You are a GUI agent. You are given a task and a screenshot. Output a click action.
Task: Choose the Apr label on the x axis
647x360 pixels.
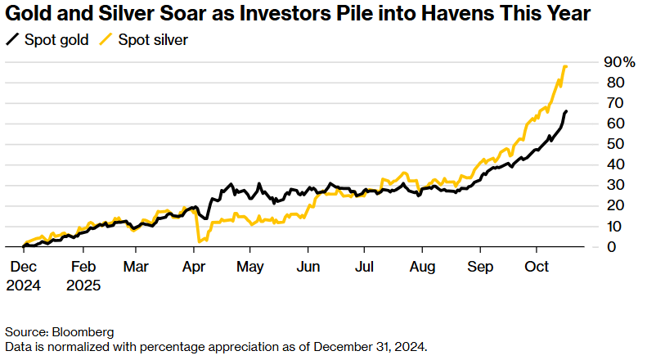[x=193, y=267]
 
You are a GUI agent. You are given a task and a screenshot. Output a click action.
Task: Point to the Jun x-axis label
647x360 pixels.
[x=308, y=267]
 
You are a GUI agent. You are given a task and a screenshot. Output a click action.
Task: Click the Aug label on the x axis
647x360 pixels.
[x=422, y=267]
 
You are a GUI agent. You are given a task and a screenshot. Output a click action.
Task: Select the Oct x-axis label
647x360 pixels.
[x=536, y=267]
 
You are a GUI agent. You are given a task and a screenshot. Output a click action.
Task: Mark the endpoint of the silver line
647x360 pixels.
[x=566, y=66]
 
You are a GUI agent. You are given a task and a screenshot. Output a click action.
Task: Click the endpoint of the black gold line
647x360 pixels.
[x=567, y=111]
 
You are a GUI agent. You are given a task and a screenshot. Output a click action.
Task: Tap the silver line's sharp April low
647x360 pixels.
[x=200, y=241]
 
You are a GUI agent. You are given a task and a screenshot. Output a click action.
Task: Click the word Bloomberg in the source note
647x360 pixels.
[x=82, y=332]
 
